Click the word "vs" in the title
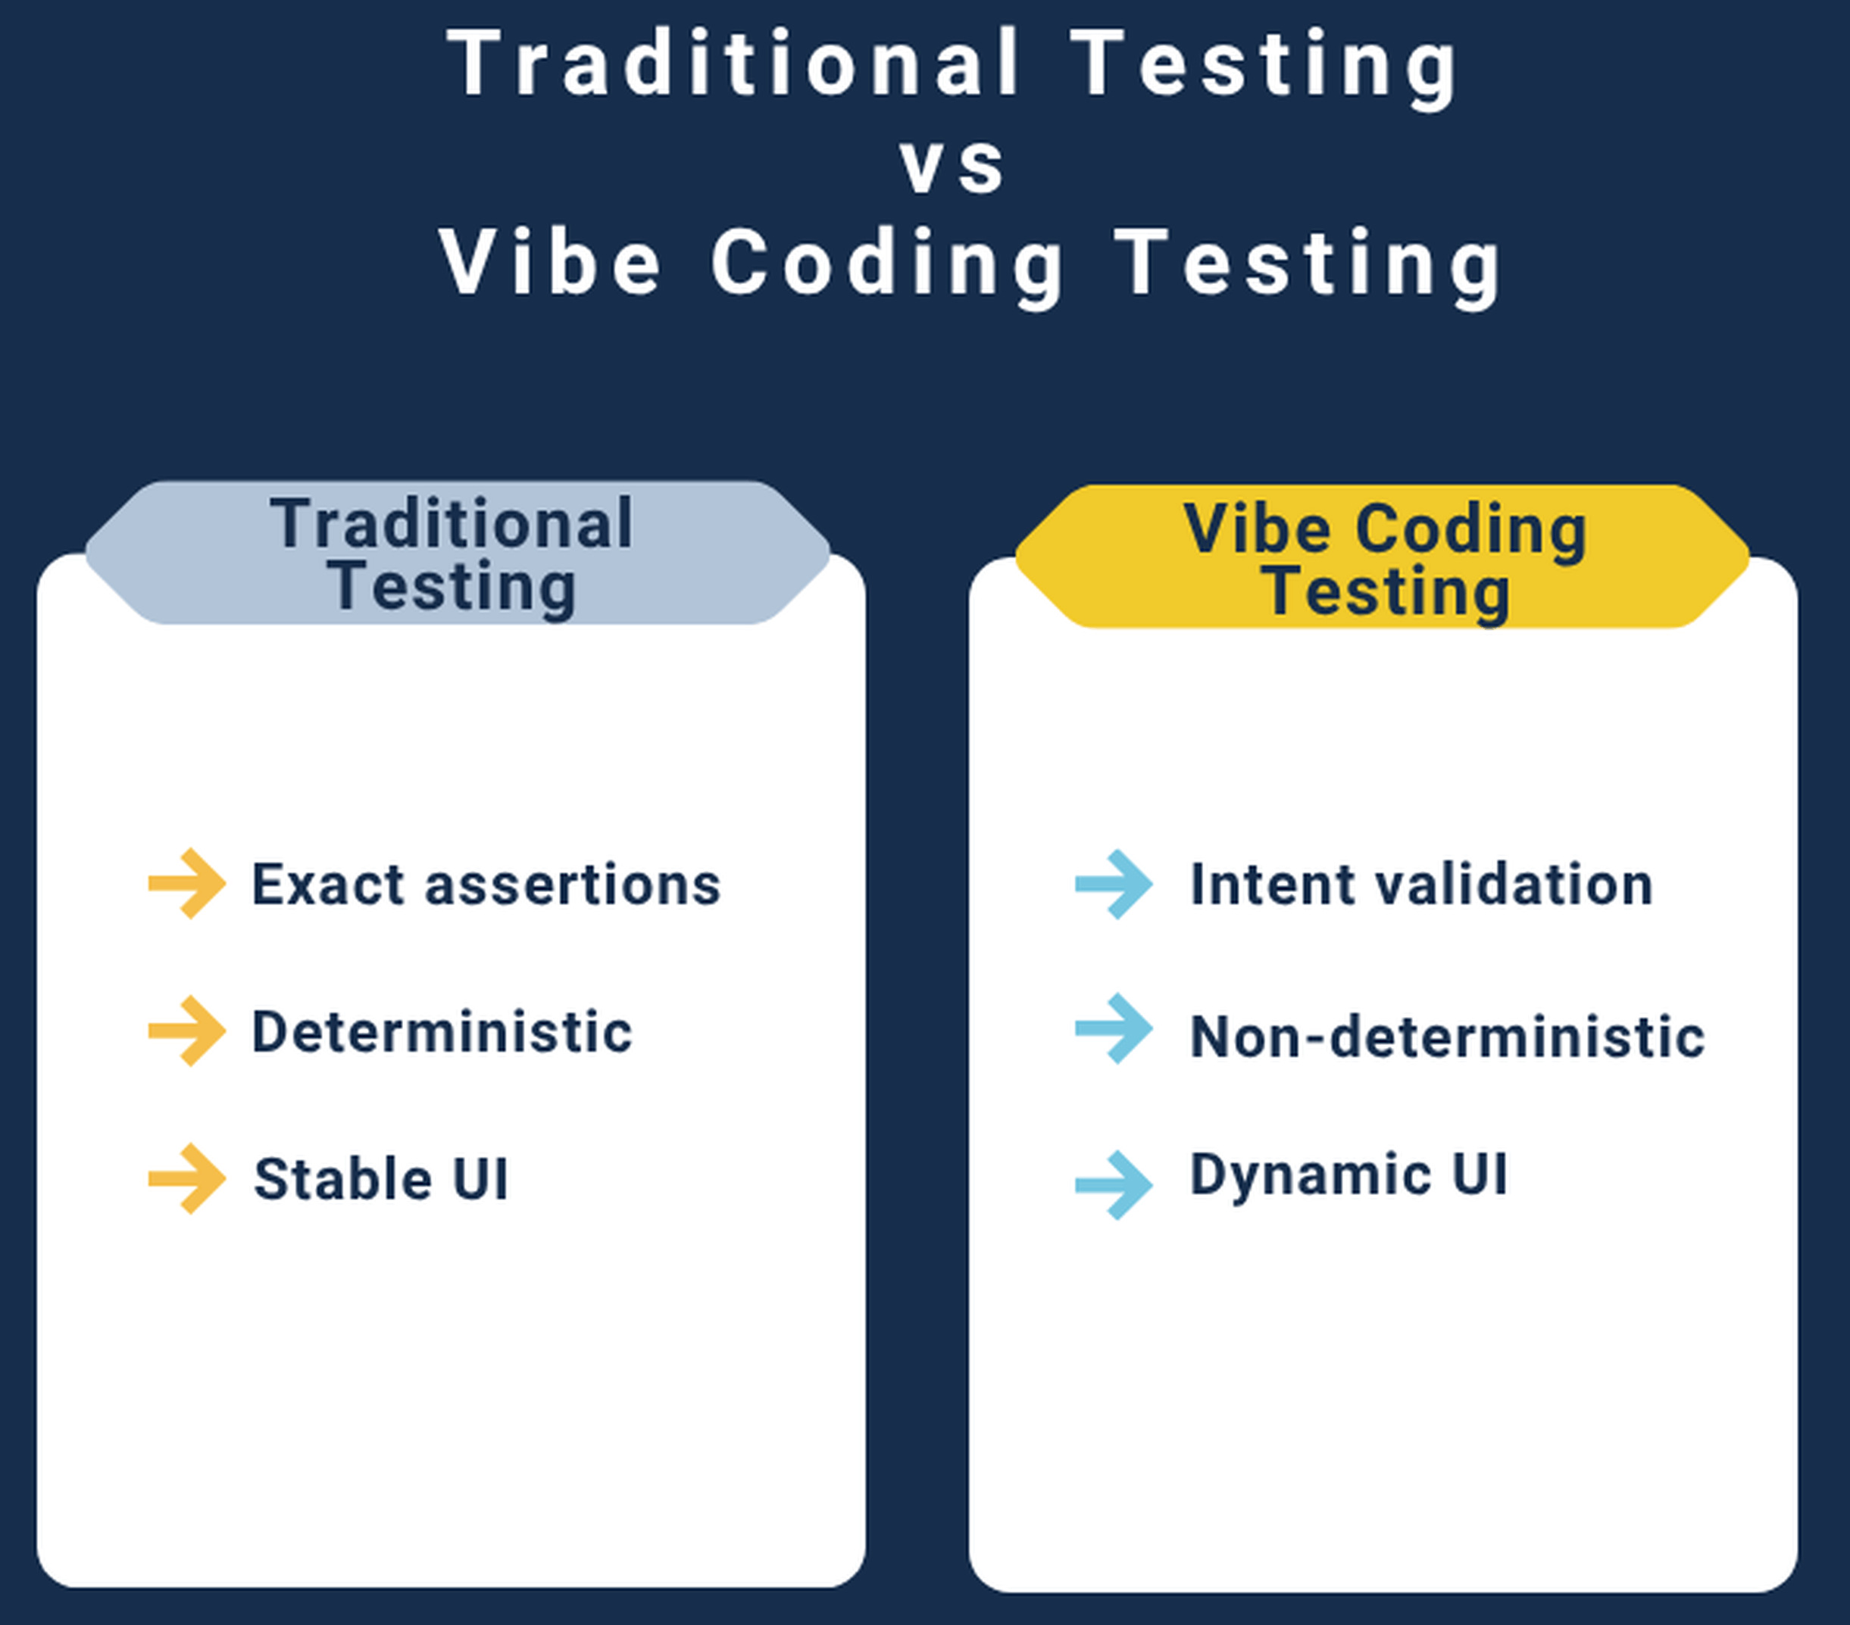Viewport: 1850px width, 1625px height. tap(952, 166)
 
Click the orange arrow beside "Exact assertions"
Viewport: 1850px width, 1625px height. tap(187, 883)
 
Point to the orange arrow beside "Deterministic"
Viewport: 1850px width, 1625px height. tap(187, 1031)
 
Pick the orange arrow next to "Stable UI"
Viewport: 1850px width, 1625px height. tap(187, 1178)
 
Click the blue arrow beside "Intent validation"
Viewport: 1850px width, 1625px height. tap(1114, 884)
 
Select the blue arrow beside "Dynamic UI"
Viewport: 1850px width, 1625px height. tap(1114, 1184)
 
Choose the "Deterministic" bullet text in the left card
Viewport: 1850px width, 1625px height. tap(442, 1031)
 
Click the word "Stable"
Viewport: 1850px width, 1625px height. tap(343, 1179)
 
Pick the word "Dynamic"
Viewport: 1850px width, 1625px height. tap(1311, 1176)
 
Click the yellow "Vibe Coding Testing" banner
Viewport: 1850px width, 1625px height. tap(1382, 556)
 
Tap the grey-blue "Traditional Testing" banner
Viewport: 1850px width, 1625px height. tap(457, 552)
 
